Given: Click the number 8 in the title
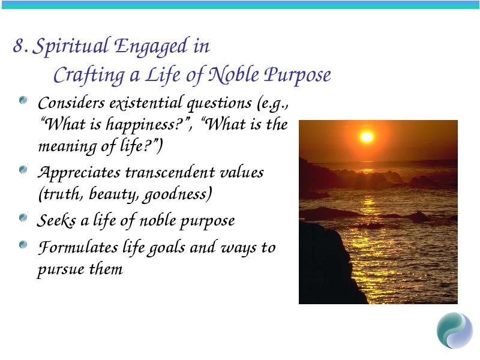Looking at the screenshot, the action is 19,46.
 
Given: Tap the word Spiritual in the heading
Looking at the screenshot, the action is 70,47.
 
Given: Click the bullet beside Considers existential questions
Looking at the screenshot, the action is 23,100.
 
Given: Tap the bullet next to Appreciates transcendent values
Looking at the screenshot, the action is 23,169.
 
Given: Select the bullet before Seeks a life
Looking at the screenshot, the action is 23,218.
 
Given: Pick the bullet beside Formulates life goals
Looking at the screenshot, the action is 23,245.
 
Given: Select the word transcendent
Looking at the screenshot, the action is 170,172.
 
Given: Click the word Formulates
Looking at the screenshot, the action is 78,247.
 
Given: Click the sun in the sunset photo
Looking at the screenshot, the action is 367,137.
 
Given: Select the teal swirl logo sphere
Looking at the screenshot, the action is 455,331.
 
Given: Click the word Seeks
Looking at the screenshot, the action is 56,220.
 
